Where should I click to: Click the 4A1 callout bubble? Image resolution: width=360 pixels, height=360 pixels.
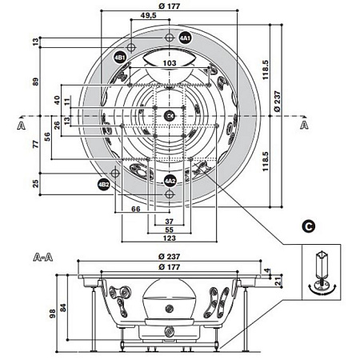point(185,38)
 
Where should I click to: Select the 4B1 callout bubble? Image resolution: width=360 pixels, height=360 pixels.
point(119,58)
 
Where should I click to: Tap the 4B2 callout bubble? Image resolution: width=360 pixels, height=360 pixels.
point(103,185)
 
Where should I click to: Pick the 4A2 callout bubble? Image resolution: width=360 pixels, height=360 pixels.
point(170,181)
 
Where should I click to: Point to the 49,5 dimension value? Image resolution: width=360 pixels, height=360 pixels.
point(147,15)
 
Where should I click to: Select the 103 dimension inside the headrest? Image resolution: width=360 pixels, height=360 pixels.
point(170,62)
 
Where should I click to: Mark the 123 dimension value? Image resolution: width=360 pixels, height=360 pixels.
point(169,238)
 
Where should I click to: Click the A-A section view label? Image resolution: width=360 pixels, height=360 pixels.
point(43,258)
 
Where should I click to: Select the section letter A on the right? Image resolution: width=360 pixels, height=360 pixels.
point(305,126)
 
